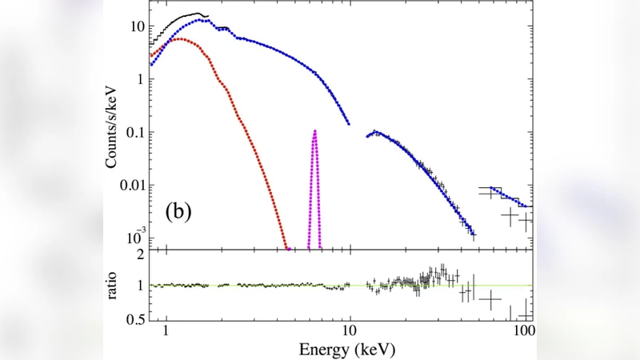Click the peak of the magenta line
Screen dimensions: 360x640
point(314,131)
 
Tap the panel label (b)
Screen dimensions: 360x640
point(177,212)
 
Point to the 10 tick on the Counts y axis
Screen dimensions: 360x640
point(138,26)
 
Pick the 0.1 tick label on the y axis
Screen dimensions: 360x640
point(134,132)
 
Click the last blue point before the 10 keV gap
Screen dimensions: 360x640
point(349,124)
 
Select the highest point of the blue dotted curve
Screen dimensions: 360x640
point(207,20)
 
